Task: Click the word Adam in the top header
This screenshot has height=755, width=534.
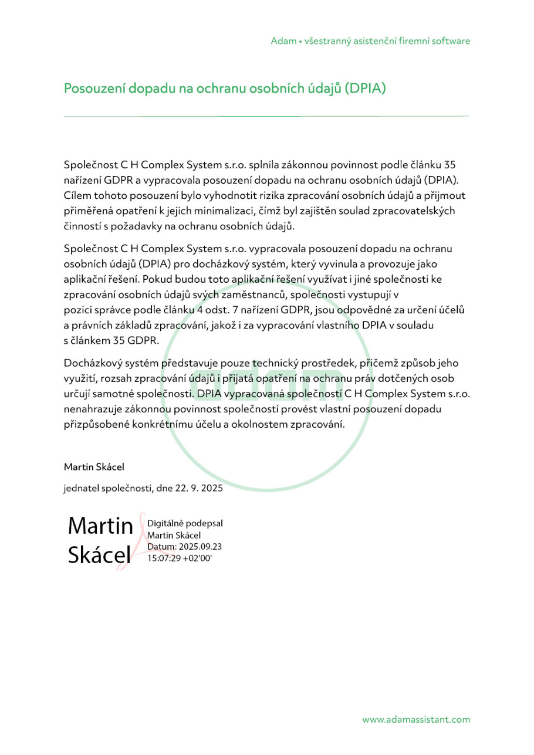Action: coord(283,41)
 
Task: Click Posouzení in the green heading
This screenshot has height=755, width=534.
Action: coord(93,89)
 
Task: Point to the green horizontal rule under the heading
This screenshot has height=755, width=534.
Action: coord(266,116)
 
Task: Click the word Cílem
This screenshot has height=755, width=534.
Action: coord(77,195)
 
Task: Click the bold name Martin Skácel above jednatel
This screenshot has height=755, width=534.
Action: coord(94,467)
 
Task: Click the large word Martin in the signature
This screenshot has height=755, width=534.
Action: coord(100,526)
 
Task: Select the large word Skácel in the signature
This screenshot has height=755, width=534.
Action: coord(99,555)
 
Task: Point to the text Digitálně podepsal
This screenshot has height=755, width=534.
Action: coord(185,523)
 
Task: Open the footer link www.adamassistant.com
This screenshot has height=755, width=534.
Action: coord(415,719)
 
